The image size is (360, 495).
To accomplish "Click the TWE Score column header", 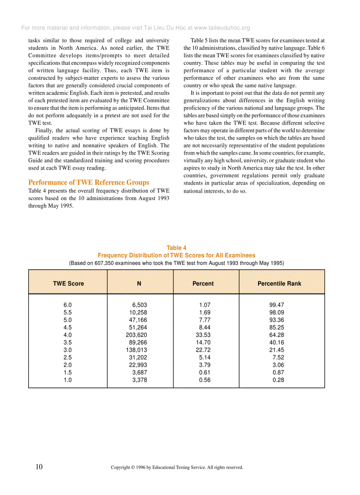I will pos(68,283).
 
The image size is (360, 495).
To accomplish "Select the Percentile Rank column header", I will pos(279,283).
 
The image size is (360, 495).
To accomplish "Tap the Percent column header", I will pos(203,283).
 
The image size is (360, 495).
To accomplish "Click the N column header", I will pos(139,283).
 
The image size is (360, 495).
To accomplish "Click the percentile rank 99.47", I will pos(277,305).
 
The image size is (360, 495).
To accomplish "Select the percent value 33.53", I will pos(203,335).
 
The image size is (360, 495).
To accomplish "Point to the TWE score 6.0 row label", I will pos(67,305).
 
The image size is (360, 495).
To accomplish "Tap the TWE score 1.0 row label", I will pos(67,380).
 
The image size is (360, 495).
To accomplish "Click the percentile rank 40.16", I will pos(277,342).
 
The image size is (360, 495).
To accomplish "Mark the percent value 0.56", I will pos(205,380).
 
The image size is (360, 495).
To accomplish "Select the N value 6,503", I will pos(140,305).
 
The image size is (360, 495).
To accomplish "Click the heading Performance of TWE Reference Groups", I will pos(89,182).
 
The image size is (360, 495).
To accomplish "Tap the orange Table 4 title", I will pos(176,248).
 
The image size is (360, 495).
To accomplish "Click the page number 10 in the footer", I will pos(39,467).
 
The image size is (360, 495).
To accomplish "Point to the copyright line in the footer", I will pos(177,467).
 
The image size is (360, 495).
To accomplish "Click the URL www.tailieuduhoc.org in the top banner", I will pos(222,28).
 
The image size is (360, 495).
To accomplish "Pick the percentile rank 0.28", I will pos(278,380).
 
